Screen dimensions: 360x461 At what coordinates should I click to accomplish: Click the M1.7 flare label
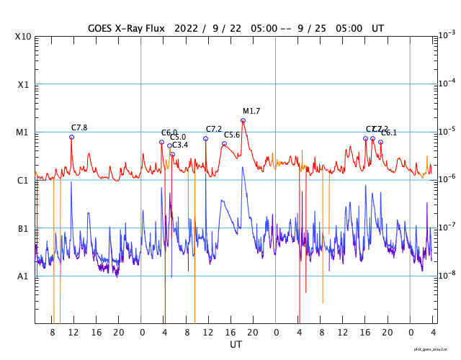pos(251,111)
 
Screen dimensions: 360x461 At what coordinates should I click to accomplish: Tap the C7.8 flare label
pos(79,127)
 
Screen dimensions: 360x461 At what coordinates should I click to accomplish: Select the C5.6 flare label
pos(232,135)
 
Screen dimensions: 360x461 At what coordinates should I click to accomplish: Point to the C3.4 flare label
pos(180,145)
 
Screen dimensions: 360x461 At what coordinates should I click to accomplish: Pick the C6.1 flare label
pos(389,132)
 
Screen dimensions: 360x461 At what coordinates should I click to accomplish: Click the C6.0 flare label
pos(169,132)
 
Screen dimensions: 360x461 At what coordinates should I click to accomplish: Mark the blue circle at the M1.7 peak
pos(243,120)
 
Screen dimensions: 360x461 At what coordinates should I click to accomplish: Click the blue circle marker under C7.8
pos(71,137)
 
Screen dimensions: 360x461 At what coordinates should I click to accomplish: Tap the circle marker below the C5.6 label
pos(224,143)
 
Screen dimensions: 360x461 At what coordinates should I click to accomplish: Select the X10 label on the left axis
pos(23,36)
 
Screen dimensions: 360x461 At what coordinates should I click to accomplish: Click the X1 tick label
pos(23,84)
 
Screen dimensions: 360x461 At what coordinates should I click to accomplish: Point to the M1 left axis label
pos(23,132)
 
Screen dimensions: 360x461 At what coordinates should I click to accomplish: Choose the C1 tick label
pos(23,180)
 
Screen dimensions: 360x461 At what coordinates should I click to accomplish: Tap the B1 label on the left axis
pos(23,228)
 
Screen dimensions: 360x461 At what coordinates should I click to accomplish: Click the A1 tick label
pos(23,276)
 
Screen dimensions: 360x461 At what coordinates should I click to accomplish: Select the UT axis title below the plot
pos(236,345)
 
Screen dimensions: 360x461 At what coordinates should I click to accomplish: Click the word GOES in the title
pos(103,28)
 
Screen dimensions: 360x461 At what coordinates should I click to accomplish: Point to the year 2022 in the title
pos(186,28)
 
